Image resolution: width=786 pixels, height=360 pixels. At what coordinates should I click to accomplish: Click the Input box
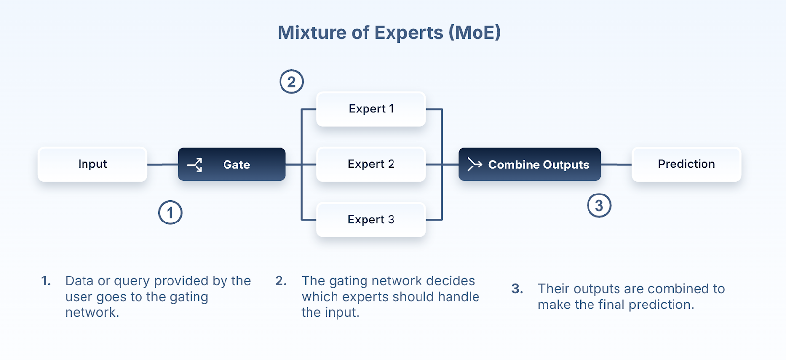pyautogui.click(x=92, y=165)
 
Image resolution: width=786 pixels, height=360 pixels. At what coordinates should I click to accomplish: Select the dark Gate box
pyautogui.click(x=232, y=165)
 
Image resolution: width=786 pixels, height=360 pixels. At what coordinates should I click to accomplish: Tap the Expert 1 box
pyautogui.click(x=371, y=109)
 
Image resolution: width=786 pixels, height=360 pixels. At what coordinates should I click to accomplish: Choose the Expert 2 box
pyautogui.click(x=371, y=165)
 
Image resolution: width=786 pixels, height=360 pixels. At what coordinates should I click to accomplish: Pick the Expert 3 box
pyautogui.click(x=371, y=220)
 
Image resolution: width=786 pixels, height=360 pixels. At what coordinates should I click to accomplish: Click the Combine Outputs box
pyautogui.click(x=530, y=165)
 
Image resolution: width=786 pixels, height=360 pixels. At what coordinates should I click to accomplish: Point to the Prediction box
pyautogui.click(x=686, y=165)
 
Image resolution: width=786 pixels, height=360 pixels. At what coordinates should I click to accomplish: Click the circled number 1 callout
pyautogui.click(x=170, y=213)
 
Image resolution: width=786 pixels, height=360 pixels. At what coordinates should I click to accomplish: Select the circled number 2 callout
pyautogui.click(x=292, y=82)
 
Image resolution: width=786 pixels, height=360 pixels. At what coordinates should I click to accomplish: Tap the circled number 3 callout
pyautogui.click(x=599, y=206)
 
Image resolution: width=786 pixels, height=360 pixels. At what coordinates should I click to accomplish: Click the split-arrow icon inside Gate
pyautogui.click(x=195, y=165)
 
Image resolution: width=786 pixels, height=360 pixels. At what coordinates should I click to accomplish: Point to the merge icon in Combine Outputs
pyautogui.click(x=475, y=164)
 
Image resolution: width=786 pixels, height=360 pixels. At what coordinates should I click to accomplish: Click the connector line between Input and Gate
pyautogui.click(x=163, y=165)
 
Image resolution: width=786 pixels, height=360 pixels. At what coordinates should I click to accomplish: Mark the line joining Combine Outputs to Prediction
pyautogui.click(x=617, y=165)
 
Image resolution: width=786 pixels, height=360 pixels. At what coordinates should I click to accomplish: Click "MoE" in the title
pyautogui.click(x=475, y=33)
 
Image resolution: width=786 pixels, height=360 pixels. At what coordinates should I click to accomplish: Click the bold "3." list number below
pyautogui.click(x=517, y=289)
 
